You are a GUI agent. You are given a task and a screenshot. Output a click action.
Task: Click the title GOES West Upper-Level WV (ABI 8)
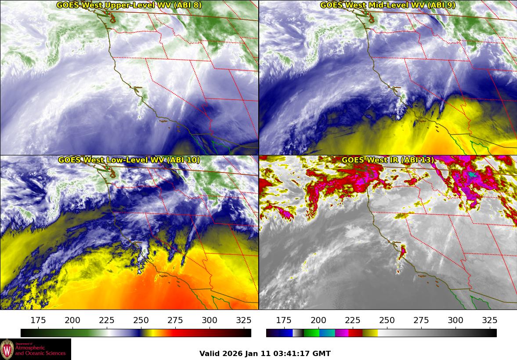[x=129, y=5]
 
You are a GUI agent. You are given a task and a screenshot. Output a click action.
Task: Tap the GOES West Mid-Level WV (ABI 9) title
[x=387, y=5]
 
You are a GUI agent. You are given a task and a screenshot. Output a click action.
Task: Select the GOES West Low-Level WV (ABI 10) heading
[x=129, y=160]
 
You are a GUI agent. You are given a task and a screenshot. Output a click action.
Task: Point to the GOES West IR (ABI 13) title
[x=387, y=160]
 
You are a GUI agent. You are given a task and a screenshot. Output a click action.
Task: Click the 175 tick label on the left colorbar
[x=39, y=320]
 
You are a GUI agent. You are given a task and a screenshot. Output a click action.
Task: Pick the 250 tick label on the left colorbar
[x=141, y=320]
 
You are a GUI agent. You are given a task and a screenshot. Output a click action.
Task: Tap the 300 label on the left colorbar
[x=210, y=320]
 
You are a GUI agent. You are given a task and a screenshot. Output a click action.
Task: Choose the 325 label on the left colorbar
[x=244, y=320]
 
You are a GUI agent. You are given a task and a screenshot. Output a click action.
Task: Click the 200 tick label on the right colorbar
[x=318, y=320]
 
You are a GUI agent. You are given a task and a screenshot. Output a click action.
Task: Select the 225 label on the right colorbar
[x=353, y=320]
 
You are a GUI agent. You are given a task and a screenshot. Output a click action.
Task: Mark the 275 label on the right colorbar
[x=421, y=320]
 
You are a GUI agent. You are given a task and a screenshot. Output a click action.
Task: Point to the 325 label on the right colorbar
[x=489, y=320]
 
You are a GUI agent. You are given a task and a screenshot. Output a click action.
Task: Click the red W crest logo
[x=7, y=349]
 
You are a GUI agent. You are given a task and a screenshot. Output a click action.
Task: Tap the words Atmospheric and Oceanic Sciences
[x=40, y=350]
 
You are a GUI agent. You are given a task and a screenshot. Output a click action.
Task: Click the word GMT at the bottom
[x=322, y=353]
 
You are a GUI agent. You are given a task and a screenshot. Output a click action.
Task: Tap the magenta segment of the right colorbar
[x=341, y=333]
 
